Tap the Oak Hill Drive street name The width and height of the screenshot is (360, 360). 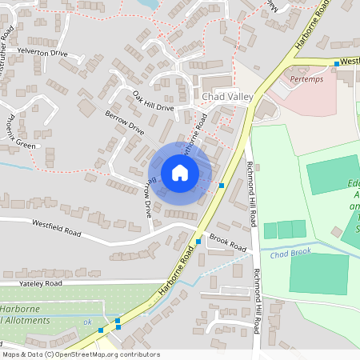point(153,102)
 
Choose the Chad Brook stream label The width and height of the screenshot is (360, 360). point(289,254)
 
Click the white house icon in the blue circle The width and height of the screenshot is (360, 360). point(180,173)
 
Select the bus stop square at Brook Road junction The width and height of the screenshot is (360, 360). point(198,242)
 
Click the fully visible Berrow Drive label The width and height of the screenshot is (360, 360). point(124,122)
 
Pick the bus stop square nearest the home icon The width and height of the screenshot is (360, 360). point(221,186)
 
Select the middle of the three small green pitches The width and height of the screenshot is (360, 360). point(285,230)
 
